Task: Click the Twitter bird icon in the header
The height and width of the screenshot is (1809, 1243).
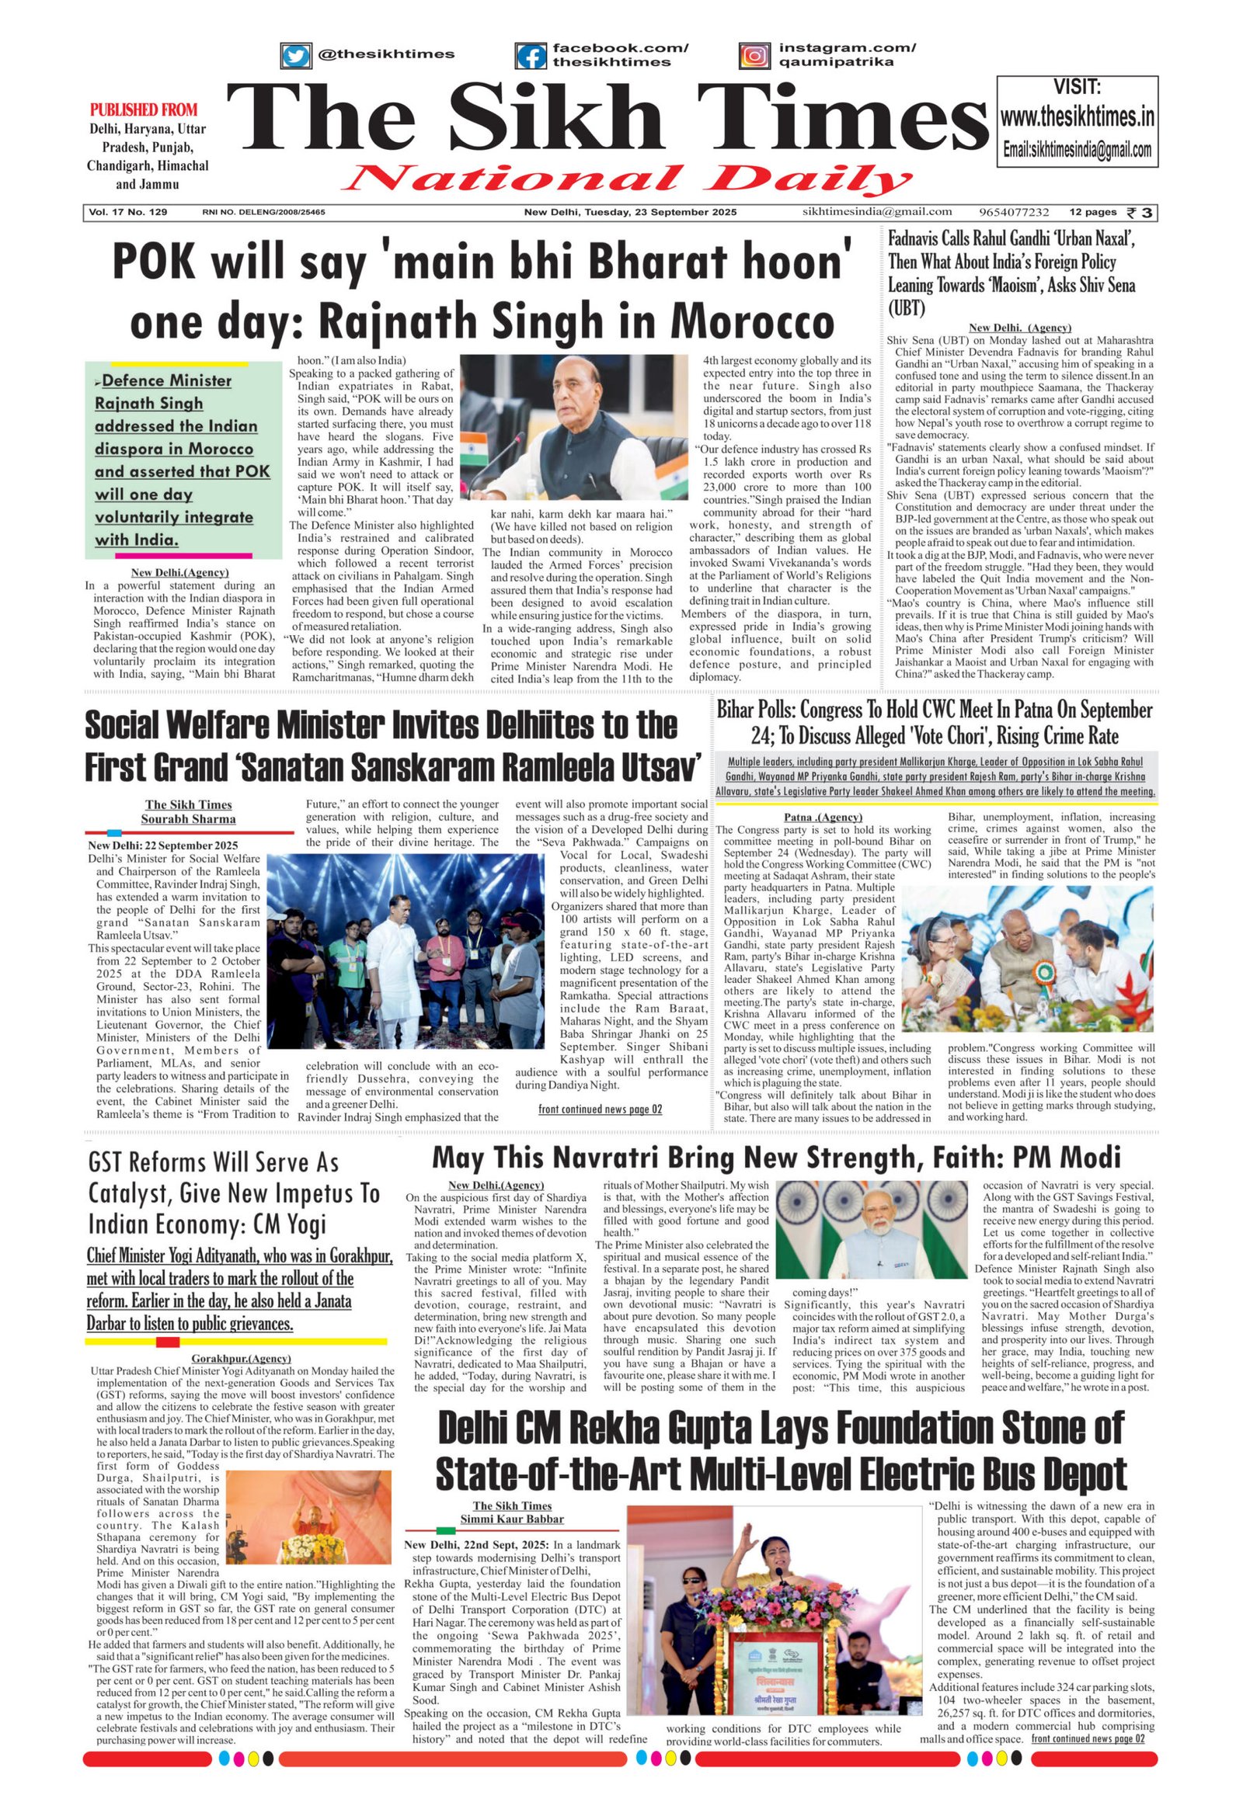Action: [294, 55]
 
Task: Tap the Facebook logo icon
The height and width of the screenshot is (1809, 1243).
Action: [531, 55]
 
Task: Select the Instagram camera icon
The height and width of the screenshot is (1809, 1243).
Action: [754, 55]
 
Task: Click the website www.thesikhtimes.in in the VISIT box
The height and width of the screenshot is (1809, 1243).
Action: [1076, 117]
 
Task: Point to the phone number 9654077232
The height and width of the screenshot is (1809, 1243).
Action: [1014, 212]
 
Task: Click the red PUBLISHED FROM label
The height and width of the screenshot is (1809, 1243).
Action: [143, 109]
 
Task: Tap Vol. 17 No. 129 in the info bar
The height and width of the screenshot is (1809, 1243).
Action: [128, 212]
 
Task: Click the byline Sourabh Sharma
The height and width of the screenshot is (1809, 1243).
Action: [188, 819]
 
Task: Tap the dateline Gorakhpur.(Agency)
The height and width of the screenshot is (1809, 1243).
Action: [242, 1359]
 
